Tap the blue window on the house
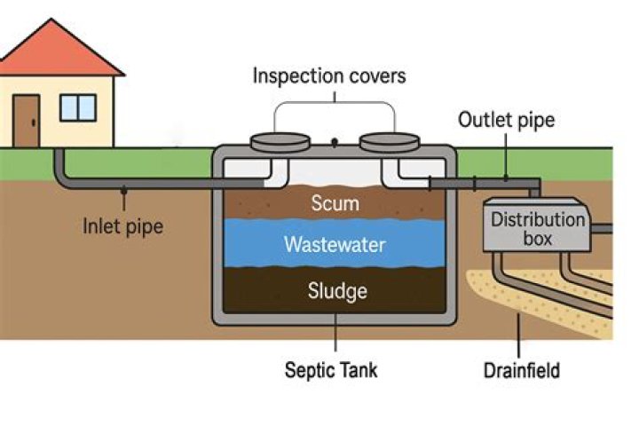click(x=78, y=106)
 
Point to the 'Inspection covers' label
click(x=329, y=75)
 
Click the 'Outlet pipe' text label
click(x=506, y=119)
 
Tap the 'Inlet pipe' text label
click(x=123, y=225)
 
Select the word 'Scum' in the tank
click(x=335, y=204)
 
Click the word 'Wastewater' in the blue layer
click(x=335, y=244)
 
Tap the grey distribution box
click(x=538, y=229)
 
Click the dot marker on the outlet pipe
click(x=506, y=177)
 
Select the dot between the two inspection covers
click(x=334, y=141)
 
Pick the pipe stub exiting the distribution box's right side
click(x=603, y=229)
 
